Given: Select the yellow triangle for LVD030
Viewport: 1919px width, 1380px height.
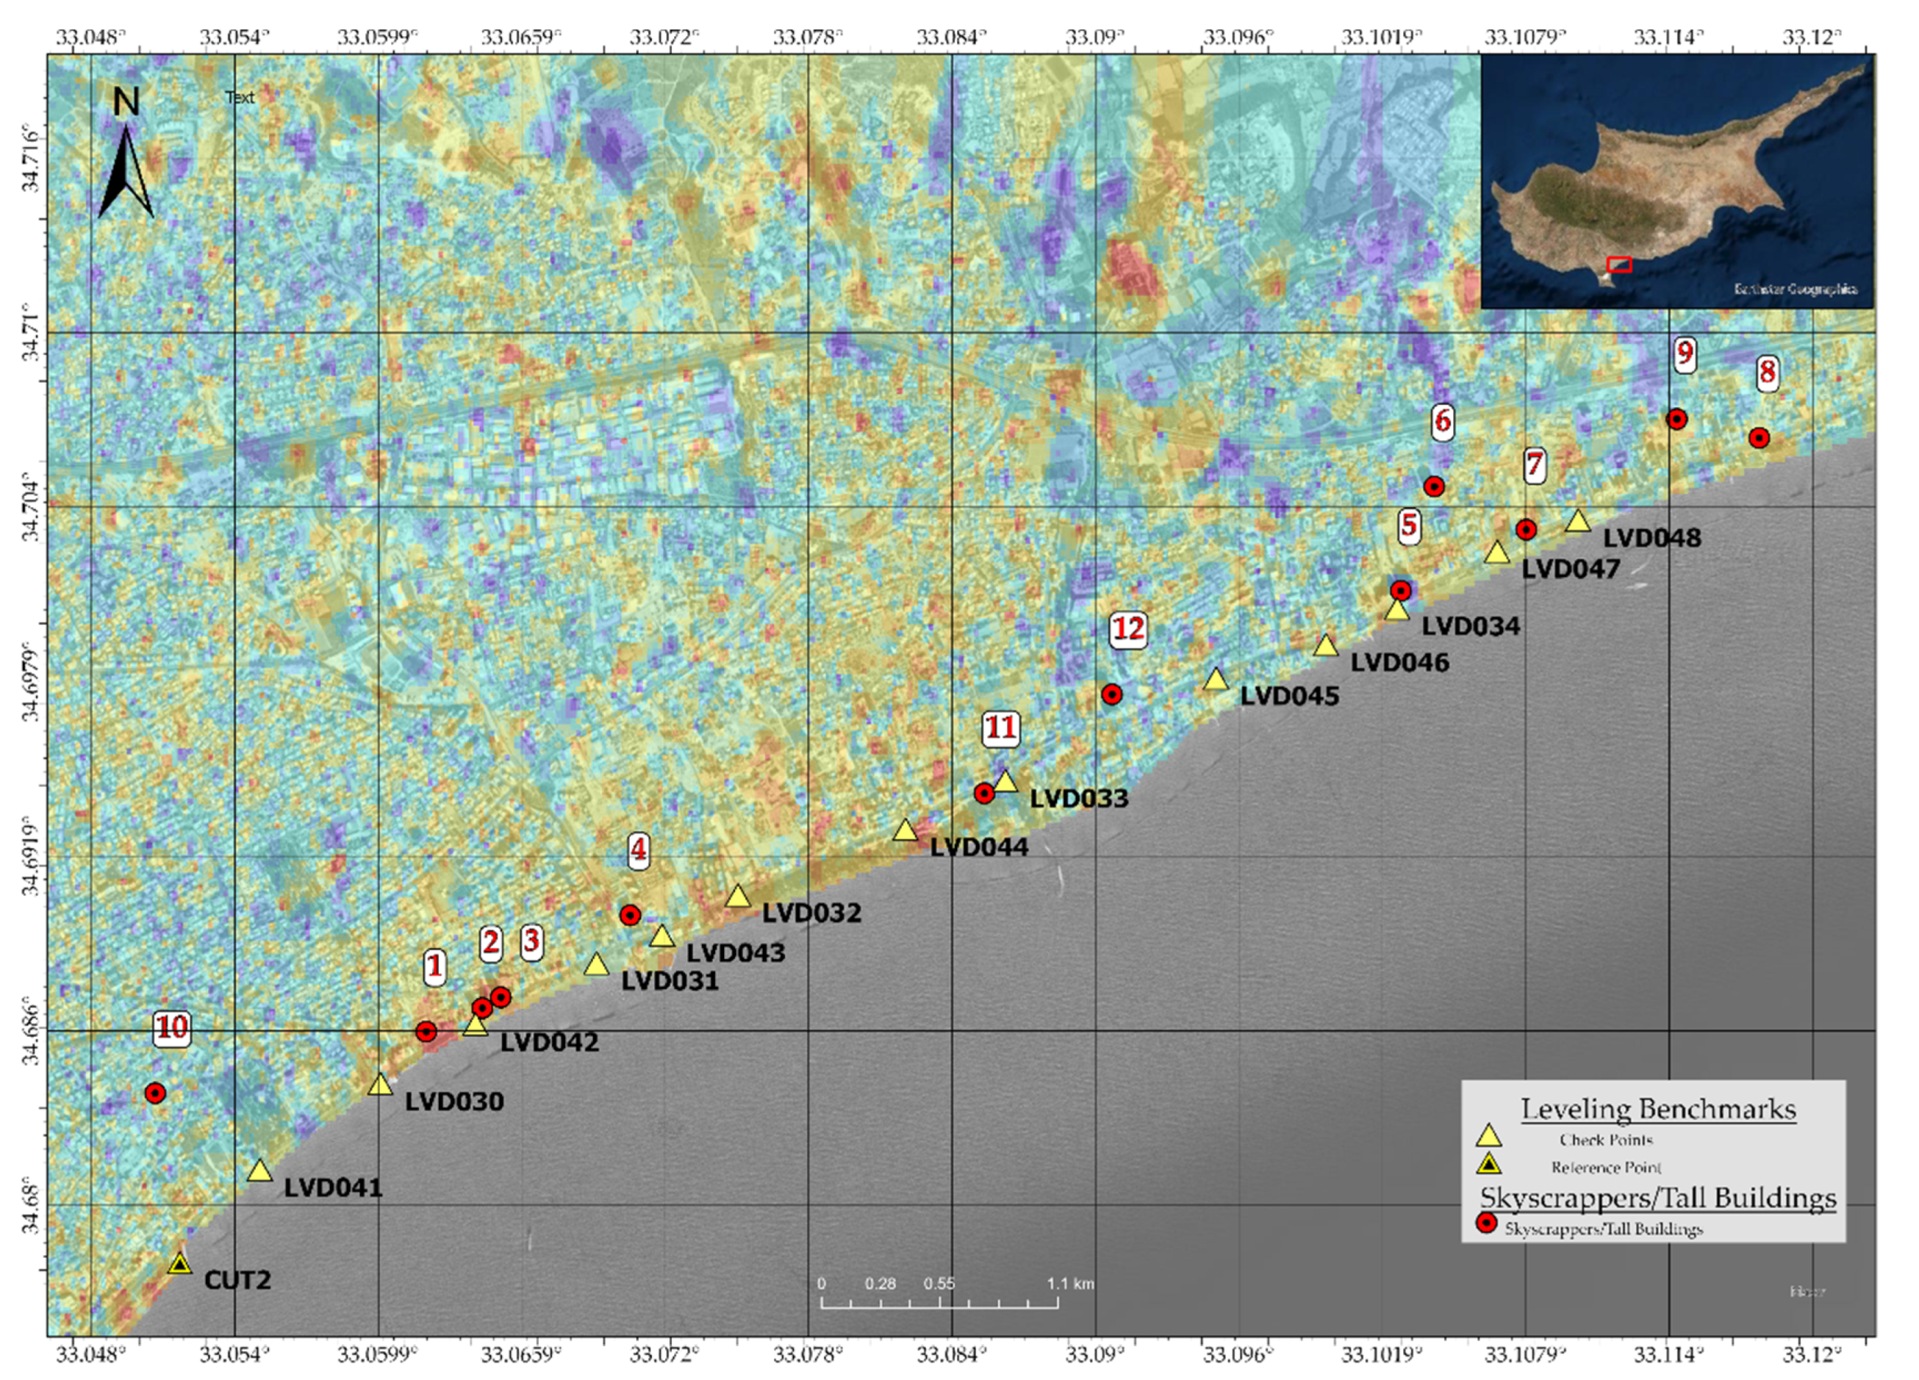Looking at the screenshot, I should tap(380, 1085).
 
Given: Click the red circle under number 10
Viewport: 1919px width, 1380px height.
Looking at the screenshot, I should tap(154, 1093).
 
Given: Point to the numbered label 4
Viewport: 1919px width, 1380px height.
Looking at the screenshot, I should tap(638, 850).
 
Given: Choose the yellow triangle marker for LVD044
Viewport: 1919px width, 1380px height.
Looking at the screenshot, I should tap(905, 830).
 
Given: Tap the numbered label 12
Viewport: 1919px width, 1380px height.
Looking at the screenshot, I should tap(1128, 629).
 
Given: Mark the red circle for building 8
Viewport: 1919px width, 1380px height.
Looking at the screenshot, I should tap(1759, 438).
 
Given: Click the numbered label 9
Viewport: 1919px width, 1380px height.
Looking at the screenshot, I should tap(1685, 353).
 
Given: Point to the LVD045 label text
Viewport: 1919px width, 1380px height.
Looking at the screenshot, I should tap(1289, 696).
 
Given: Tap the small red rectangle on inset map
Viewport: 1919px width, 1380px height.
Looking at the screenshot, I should tap(1619, 265).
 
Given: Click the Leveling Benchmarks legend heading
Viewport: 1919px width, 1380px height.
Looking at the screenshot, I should tap(1658, 1110).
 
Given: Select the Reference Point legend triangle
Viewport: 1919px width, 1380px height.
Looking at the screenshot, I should tap(1488, 1165).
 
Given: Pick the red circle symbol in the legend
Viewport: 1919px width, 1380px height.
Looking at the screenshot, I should tap(1487, 1223).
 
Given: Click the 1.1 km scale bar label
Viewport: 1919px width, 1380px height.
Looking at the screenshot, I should tap(1069, 1284).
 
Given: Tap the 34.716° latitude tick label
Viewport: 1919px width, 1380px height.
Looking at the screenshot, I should tap(31, 159).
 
